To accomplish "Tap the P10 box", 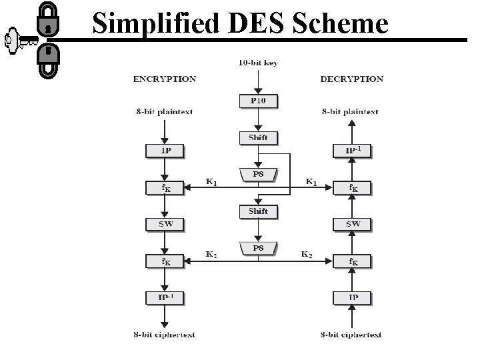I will point(258,101).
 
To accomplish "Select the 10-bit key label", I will point(258,63).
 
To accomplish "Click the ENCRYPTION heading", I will point(165,79).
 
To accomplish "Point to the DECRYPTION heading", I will point(352,79).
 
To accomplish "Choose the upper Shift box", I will point(258,138).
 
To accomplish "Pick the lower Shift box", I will point(258,211).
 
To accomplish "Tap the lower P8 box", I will point(258,249).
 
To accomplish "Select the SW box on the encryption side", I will point(165,224).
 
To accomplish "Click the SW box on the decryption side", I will point(352,224).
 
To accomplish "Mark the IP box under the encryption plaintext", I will point(165,151).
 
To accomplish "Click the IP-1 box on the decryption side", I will point(352,151).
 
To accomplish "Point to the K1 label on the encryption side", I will point(211,181).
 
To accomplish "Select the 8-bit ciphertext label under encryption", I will point(165,335).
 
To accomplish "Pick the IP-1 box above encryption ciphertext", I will point(165,297).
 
